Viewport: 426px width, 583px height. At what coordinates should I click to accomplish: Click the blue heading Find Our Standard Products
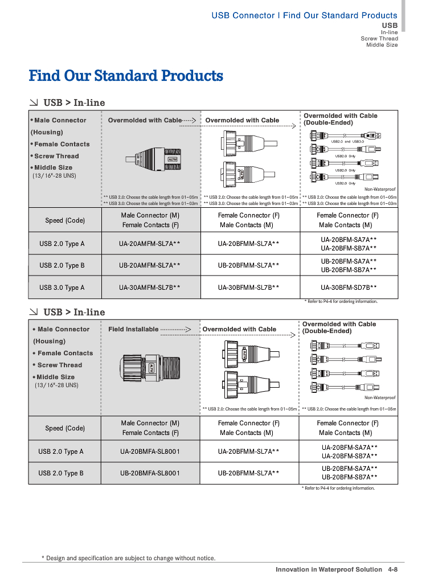[126, 76]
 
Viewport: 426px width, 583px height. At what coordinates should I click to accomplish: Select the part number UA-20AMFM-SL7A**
[150, 244]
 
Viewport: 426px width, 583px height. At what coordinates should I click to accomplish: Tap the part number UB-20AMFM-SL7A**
[150, 265]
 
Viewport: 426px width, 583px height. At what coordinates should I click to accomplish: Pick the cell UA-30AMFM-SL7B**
[150, 288]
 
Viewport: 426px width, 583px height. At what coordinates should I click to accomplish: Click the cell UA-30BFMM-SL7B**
[248, 288]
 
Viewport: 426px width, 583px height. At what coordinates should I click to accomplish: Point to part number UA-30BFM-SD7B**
[349, 288]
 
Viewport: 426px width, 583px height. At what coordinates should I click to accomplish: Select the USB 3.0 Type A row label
[62, 288]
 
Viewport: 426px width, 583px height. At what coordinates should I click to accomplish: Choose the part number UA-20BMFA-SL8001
[150, 451]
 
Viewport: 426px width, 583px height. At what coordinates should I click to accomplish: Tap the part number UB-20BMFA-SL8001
[150, 473]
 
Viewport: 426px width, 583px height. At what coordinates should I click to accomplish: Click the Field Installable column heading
[133, 329]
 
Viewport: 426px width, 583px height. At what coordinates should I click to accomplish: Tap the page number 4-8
[392, 569]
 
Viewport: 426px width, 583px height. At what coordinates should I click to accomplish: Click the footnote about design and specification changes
[129, 558]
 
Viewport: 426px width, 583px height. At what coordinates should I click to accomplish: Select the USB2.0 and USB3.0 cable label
[347, 141]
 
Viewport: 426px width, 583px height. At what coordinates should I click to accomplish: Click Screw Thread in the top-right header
[379, 39]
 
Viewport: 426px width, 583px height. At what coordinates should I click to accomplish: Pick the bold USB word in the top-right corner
[390, 26]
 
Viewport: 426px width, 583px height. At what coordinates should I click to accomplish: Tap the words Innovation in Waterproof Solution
[329, 569]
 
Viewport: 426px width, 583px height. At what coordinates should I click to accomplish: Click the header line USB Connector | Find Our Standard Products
[304, 15]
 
